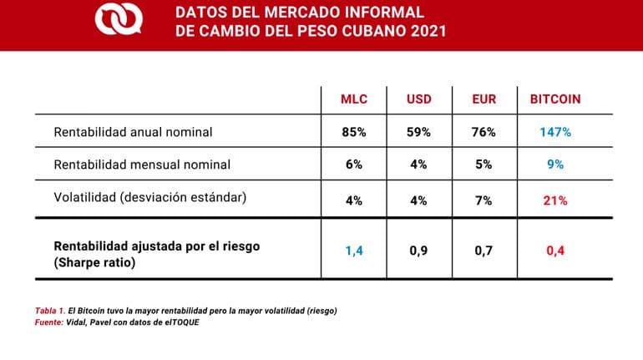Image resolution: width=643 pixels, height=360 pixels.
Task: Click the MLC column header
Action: click(x=353, y=99)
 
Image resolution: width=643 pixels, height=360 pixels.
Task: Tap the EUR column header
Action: click(x=484, y=99)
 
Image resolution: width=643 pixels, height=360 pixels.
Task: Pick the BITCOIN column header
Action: click(x=555, y=99)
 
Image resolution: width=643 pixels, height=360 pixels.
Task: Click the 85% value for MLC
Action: click(x=353, y=132)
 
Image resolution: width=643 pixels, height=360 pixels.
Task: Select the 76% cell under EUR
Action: click(x=484, y=132)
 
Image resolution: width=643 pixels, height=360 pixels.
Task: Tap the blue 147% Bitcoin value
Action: click(x=555, y=132)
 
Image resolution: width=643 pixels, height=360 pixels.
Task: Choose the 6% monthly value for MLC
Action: click(x=353, y=165)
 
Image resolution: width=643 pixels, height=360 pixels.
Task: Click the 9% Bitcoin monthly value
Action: click(x=555, y=165)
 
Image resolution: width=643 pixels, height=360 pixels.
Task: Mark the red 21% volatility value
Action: click(x=555, y=200)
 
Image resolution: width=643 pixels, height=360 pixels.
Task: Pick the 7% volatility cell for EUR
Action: click(x=484, y=200)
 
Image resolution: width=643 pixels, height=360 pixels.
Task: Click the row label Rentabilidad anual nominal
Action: click(x=133, y=132)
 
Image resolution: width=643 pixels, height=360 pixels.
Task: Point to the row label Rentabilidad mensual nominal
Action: click(x=142, y=165)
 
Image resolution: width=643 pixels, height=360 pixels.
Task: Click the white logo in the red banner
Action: click(x=117, y=21)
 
